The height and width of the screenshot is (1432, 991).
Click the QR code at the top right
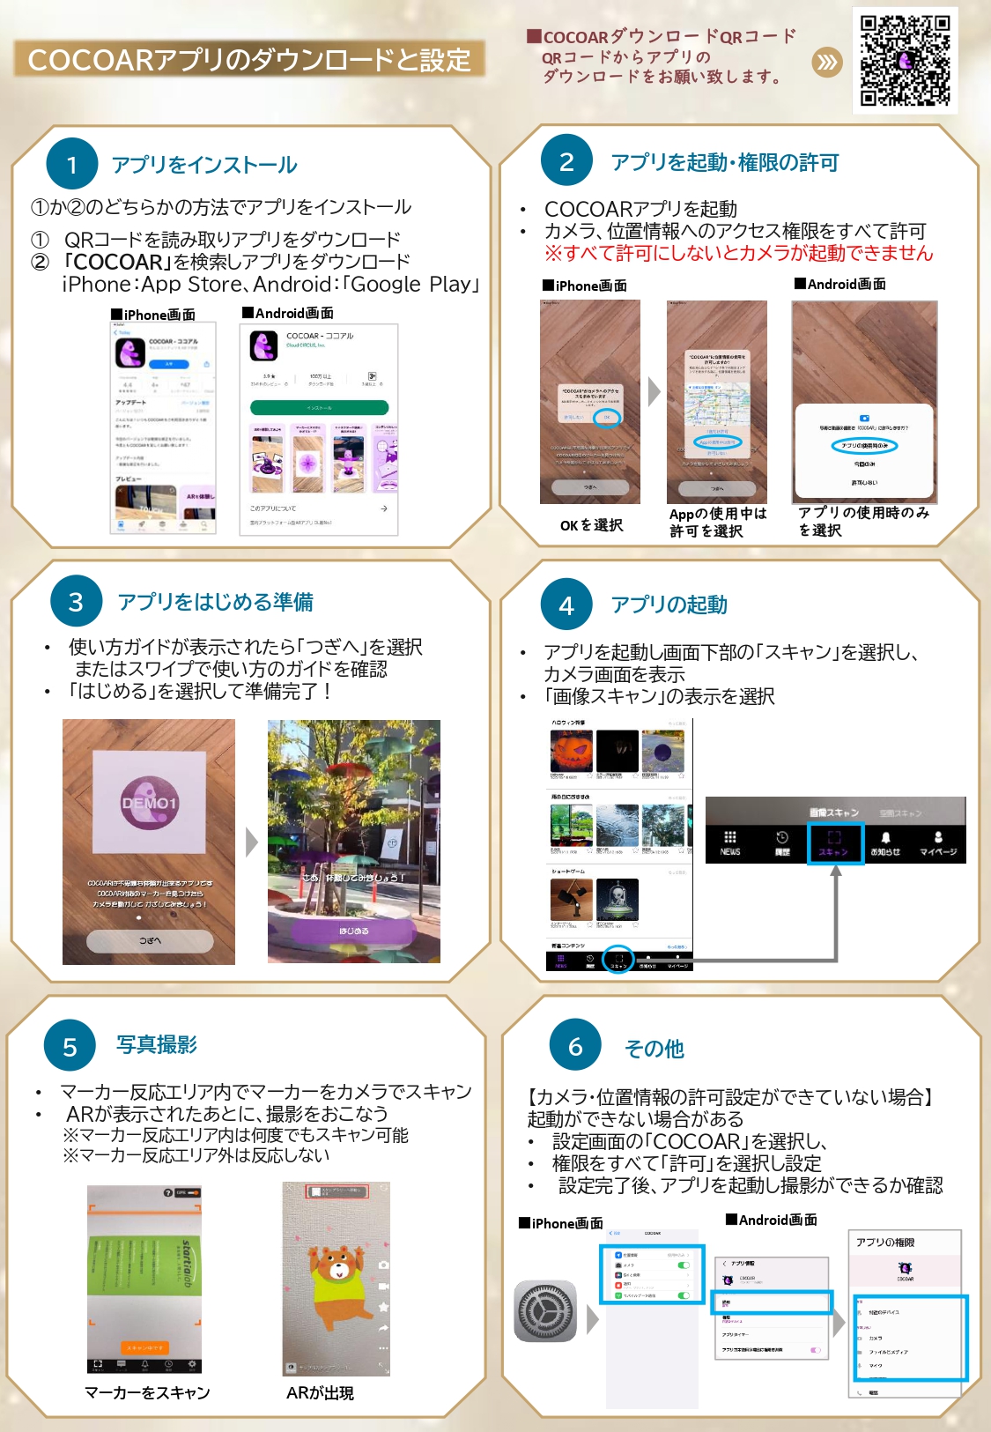905,60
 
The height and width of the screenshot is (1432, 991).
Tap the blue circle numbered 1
71,164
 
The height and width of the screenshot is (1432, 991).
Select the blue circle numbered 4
566,605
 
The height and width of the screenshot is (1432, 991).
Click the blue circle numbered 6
574,1046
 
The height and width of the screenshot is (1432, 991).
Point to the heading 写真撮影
157,1044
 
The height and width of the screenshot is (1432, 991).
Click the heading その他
654,1048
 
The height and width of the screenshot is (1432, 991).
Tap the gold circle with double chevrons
826,62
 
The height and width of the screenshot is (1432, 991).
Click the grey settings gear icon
545,1311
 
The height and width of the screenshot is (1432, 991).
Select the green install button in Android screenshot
319,407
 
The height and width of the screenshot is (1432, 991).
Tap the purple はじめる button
353,931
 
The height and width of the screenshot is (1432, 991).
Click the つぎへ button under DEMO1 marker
150,940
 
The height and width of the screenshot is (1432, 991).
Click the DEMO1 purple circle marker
149,803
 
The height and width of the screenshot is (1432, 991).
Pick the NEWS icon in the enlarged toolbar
730,842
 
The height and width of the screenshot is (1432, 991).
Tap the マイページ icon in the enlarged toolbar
938,842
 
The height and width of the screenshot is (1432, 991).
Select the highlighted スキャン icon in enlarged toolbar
833,842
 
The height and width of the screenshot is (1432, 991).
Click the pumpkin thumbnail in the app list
572,751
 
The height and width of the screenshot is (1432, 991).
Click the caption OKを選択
591,525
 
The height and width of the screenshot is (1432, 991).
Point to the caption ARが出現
320,1393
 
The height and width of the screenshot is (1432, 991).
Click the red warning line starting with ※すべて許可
738,254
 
